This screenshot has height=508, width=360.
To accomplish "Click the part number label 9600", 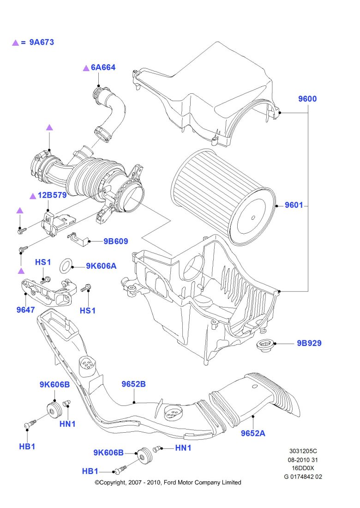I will [307, 99].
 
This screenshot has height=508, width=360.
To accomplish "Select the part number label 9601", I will [294, 205].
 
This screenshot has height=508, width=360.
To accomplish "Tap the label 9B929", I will [309, 343].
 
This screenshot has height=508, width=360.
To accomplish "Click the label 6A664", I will [103, 67].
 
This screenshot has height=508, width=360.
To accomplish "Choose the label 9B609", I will [115, 241].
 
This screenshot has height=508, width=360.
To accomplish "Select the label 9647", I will [25, 310].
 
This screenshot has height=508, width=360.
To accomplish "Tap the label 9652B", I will [133, 384].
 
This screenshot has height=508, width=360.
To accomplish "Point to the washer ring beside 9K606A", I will [66, 266].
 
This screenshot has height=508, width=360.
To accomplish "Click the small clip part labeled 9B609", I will [76, 238].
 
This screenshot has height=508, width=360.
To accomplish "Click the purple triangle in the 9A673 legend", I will [15, 42].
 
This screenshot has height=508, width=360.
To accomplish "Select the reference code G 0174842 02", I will [303, 477].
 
